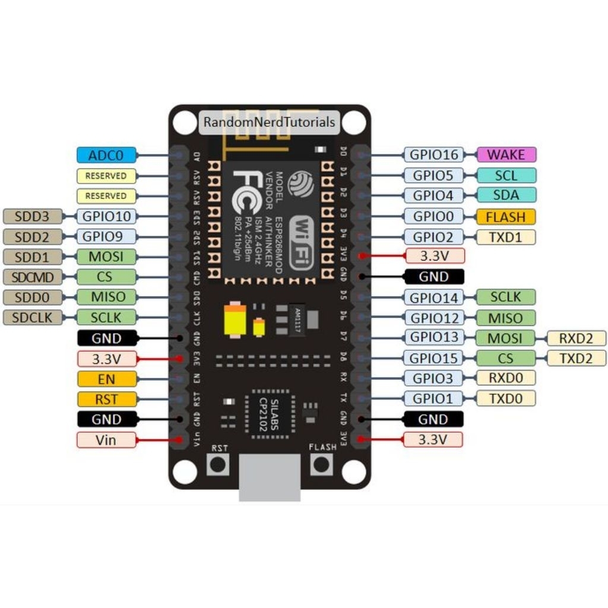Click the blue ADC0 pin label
coord(106,156)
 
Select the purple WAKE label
coord(506,155)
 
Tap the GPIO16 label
coord(435,155)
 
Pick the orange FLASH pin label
coord(506,216)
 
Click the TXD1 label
coord(506,237)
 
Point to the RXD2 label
coord(576,338)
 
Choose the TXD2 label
coord(576,358)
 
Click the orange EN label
coord(106,379)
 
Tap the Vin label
coord(106,440)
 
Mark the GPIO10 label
coord(106,216)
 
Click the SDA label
coord(506,195)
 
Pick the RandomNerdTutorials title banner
coord(269,122)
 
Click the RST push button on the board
coord(218,464)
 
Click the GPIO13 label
coord(435,338)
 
